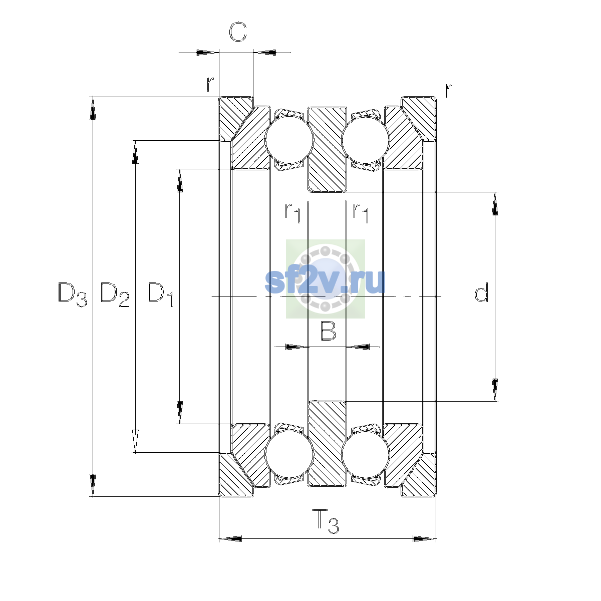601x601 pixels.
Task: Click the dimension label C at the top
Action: pos(238,32)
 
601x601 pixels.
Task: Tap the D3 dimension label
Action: pos(72,294)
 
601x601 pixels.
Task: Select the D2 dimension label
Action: pos(115,294)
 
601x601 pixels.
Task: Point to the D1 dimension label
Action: pos(160,294)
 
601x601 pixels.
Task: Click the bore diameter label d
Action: pos(481,292)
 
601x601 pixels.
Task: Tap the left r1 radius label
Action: pos(292,213)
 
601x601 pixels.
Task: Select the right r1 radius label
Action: pos(361,213)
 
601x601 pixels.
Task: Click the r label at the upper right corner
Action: pos(449,90)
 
